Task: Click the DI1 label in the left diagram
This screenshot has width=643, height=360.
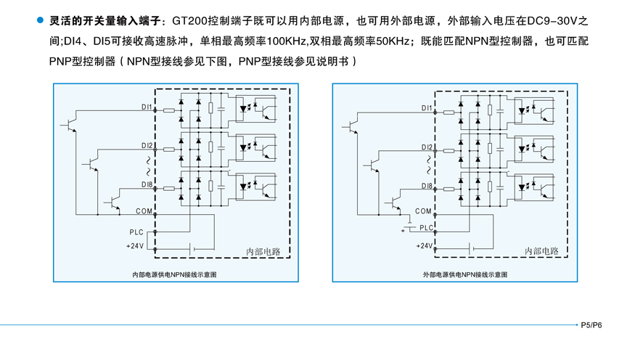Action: point(147,107)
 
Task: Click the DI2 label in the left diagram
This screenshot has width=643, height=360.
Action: point(147,146)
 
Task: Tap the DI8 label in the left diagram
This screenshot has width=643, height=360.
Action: point(147,185)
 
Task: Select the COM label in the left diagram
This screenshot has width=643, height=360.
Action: point(144,211)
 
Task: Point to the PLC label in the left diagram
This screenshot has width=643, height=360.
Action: point(136,232)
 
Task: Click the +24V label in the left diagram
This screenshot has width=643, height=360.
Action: point(135,246)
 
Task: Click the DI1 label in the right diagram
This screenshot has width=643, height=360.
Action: point(427,109)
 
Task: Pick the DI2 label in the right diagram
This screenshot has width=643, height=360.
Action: point(427,147)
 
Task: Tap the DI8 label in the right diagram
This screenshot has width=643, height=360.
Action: point(427,187)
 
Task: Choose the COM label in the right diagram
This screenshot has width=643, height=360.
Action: point(423,211)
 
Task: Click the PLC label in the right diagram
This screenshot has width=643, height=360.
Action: point(426,228)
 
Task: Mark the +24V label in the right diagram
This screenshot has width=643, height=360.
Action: point(424,246)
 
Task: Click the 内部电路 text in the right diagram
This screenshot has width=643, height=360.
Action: point(541,251)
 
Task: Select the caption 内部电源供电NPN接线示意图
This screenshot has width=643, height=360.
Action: point(174,275)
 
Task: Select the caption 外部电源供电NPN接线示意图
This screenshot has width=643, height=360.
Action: point(455,275)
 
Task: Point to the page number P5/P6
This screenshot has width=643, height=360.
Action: point(591,325)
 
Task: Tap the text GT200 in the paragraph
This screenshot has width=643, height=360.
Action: point(191,22)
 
